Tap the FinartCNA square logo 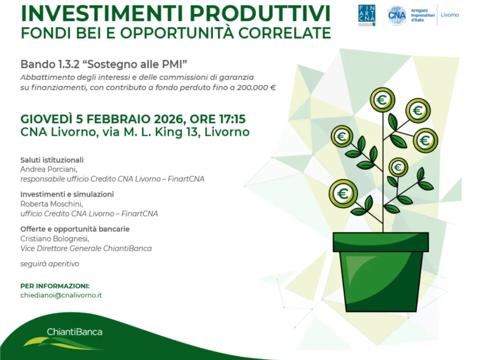point(367,15)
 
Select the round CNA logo point(397,15)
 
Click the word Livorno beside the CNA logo point(450,15)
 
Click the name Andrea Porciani point(48,169)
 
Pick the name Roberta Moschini point(52,204)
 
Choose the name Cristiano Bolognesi point(55,238)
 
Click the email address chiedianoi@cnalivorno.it point(61,295)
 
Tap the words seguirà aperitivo point(49,264)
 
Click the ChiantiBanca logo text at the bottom point(75,332)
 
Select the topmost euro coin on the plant point(382,100)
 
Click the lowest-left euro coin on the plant point(343,193)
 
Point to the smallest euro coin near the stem point(398,167)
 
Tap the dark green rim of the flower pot point(381,242)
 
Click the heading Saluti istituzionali point(52,160)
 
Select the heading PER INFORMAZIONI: point(55,286)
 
